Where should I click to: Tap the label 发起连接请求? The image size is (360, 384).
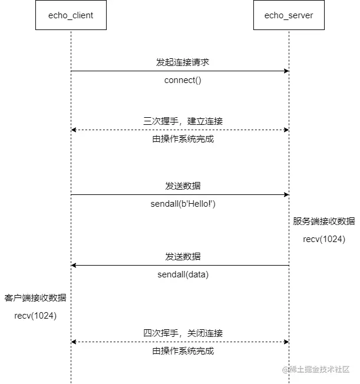183,62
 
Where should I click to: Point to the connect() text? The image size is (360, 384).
183,80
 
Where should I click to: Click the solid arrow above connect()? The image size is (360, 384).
180,71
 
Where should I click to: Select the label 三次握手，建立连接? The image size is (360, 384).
183,121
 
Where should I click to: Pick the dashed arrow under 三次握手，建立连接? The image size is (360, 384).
180,130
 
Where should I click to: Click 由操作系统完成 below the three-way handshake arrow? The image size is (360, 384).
183,140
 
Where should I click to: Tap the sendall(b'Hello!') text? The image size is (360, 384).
183,204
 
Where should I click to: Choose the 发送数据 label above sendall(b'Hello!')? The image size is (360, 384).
183,186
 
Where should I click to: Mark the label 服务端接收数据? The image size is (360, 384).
324,221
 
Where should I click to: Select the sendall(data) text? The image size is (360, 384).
183,274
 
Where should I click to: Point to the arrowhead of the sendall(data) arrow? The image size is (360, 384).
74,266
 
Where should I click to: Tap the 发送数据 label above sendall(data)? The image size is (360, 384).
183,256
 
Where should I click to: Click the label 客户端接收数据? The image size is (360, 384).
35,298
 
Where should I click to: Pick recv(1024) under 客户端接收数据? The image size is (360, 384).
35,316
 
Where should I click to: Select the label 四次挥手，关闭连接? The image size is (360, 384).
183,333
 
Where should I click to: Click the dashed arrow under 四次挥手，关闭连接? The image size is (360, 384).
180,342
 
